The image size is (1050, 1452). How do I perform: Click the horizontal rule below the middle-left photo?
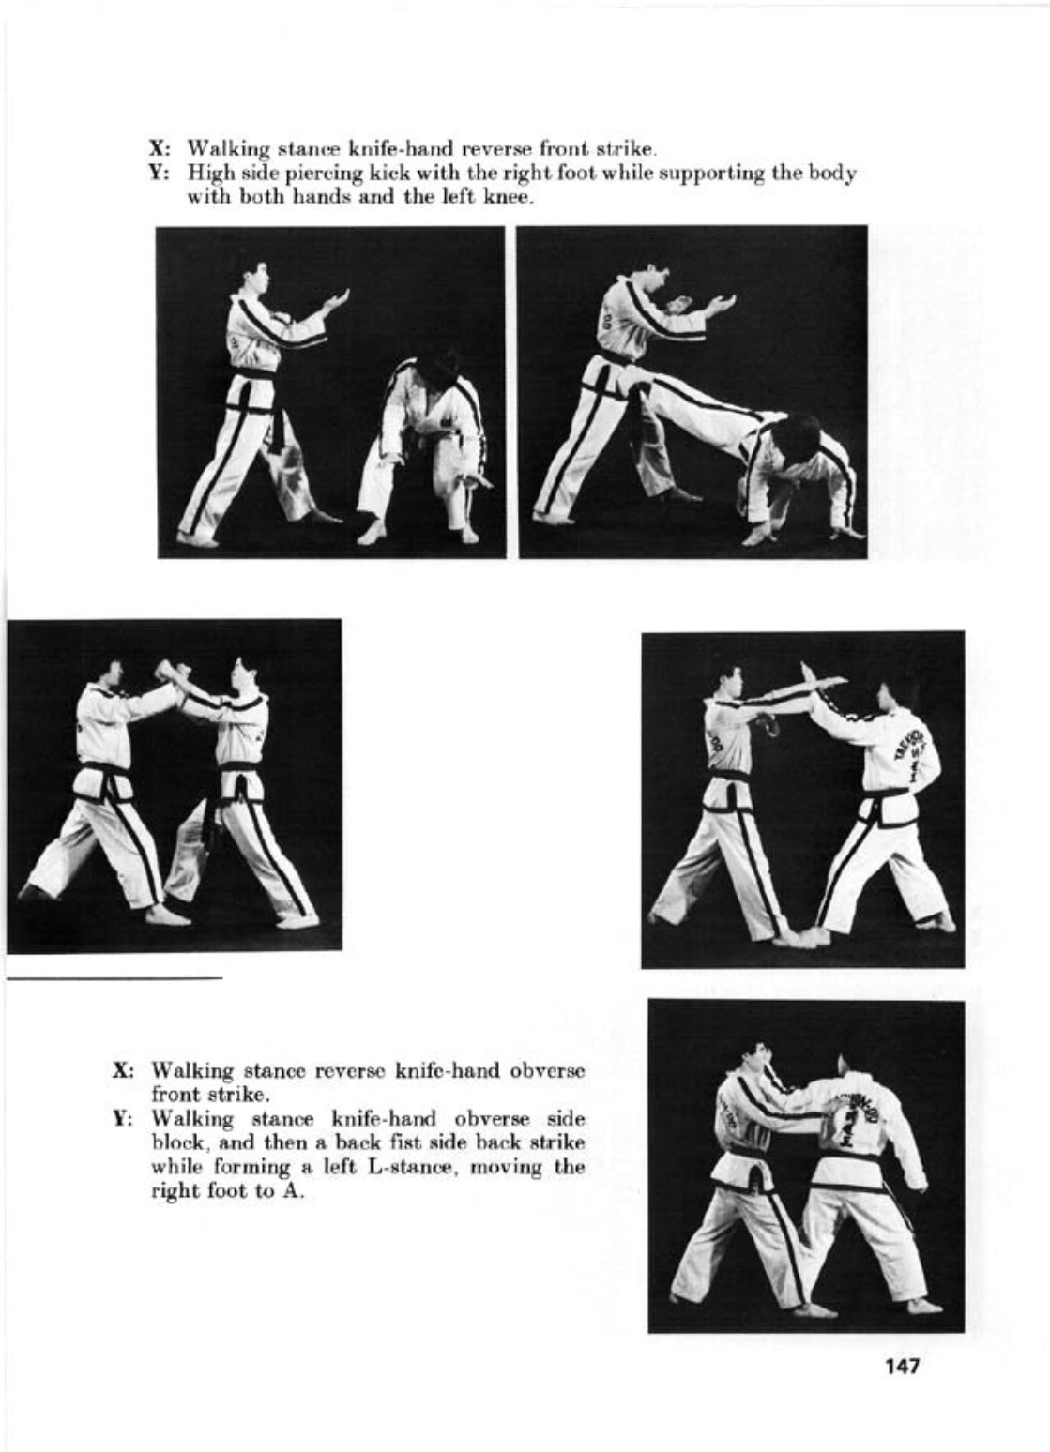[114, 978]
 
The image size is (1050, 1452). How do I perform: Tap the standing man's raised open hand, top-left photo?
[335, 302]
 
